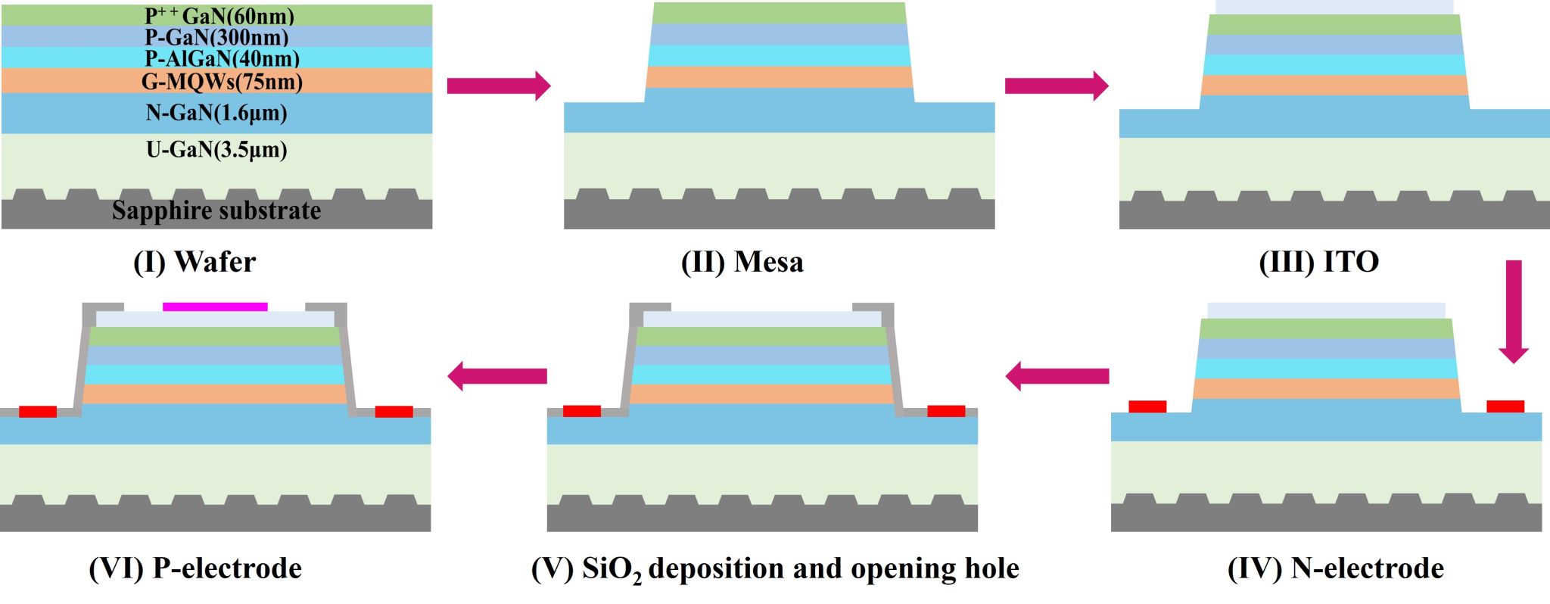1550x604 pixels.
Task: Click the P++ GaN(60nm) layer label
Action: (219, 16)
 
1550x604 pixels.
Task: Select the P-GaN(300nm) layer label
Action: (217, 37)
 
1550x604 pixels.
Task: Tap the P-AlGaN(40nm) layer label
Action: (223, 58)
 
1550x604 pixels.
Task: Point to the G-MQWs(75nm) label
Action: (222, 81)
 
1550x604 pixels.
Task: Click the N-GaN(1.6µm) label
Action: (216, 113)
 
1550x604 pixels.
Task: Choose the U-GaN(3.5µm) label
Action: (216, 149)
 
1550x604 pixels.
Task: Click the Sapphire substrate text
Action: (216, 210)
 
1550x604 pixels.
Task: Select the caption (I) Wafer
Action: (195, 262)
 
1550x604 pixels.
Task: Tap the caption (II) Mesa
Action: (742, 262)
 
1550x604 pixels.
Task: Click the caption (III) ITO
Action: (1318, 262)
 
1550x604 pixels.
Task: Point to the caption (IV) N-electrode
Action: (1335, 568)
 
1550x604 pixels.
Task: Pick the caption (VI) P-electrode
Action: (195, 568)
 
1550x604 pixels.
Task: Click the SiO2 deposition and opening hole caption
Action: (775, 568)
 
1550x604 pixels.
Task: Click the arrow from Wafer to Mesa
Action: (499, 86)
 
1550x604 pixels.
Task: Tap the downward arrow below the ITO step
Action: (1513, 310)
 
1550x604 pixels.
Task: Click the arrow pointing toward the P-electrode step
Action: (497, 375)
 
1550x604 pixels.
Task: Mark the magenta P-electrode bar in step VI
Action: (215, 307)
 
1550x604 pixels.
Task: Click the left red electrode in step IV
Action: (1147, 406)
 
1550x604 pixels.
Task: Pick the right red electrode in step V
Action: (946, 411)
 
